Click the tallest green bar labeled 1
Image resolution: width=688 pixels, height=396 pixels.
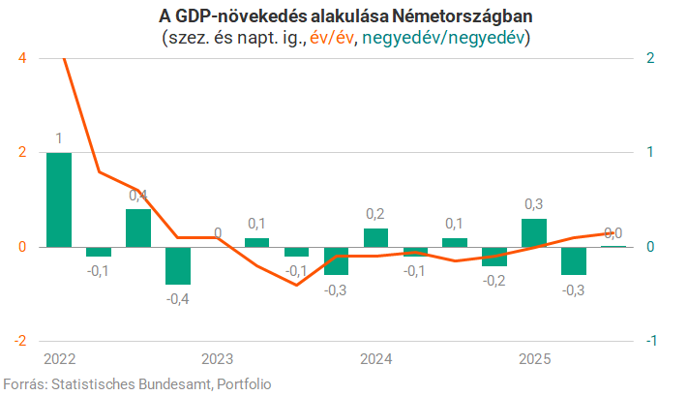59,199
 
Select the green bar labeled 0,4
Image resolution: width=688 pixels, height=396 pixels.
138,228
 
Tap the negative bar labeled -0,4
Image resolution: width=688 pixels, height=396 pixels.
178,265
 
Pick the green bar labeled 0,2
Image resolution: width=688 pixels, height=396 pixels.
376,237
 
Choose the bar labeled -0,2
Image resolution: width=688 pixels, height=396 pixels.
494,257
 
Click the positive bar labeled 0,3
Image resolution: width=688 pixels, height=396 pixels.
534,232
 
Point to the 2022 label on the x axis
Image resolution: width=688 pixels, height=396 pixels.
60,360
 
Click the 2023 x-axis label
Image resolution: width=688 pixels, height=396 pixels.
218,360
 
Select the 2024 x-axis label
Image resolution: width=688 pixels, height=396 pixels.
376,360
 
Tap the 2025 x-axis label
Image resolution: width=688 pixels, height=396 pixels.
534,360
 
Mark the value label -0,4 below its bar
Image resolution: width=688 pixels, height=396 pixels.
178,298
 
